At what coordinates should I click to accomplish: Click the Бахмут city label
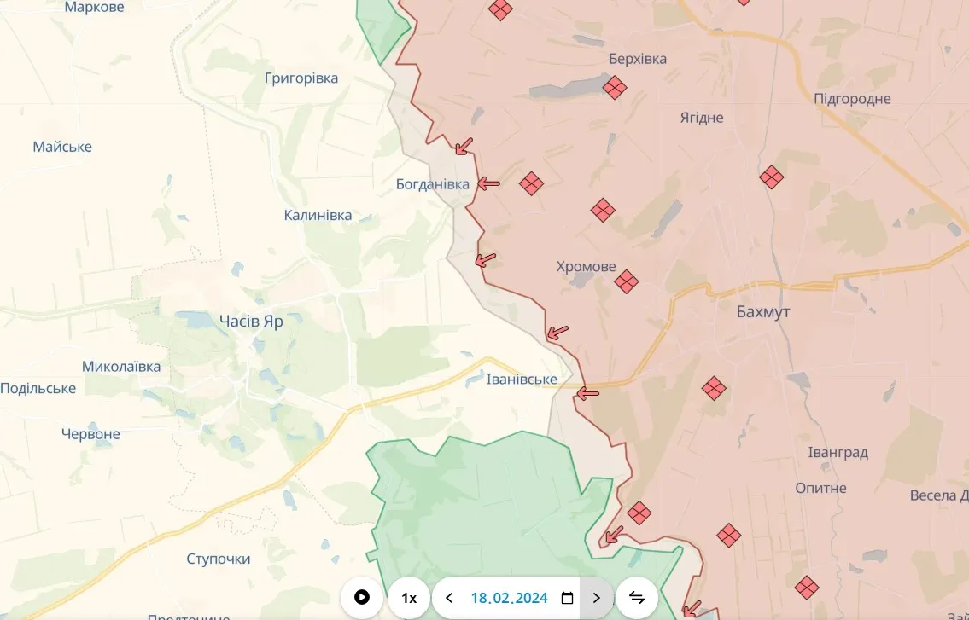[x=763, y=312]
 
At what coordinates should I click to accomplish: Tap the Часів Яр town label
[x=251, y=322]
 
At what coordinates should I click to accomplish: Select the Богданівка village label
[x=433, y=184]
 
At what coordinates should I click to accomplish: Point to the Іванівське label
[x=522, y=379]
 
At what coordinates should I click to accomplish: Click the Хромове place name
[x=586, y=267]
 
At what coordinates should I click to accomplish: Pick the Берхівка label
[x=638, y=59]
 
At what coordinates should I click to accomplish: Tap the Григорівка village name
[x=301, y=78]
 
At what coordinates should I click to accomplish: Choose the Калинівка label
[x=318, y=215]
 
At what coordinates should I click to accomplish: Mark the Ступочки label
[x=219, y=559]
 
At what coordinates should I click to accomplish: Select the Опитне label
[x=820, y=488]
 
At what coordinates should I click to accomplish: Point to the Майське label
[x=62, y=147]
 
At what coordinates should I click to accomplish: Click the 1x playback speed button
[x=409, y=598]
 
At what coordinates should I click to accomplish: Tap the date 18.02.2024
[x=509, y=598]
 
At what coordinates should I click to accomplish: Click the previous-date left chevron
[x=449, y=598]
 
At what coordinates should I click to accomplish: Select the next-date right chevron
[x=596, y=598]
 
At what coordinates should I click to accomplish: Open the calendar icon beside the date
[x=567, y=598]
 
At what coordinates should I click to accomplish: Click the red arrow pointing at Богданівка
[x=488, y=183]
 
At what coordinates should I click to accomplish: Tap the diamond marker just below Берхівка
[x=614, y=88]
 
